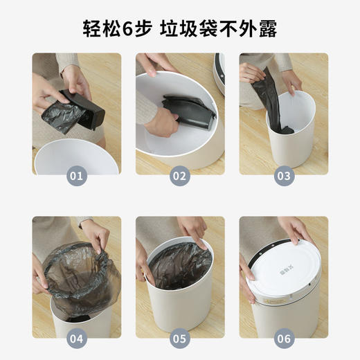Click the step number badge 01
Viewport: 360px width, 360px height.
point(76,176)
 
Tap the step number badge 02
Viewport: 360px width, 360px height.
point(180,176)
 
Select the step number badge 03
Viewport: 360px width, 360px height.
point(284,176)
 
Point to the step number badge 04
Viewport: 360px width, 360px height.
point(76,339)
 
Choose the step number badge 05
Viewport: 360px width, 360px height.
point(180,339)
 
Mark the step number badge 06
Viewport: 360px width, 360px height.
point(284,339)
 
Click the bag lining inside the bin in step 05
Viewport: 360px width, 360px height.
point(179,263)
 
